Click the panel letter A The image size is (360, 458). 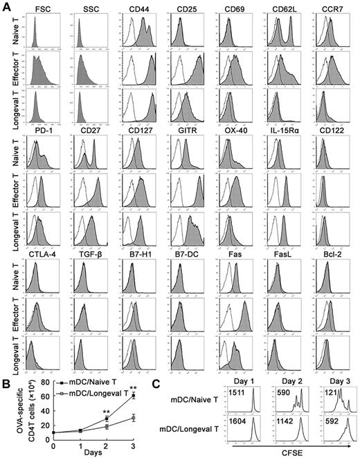pyautogui.click(x=6, y=6)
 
